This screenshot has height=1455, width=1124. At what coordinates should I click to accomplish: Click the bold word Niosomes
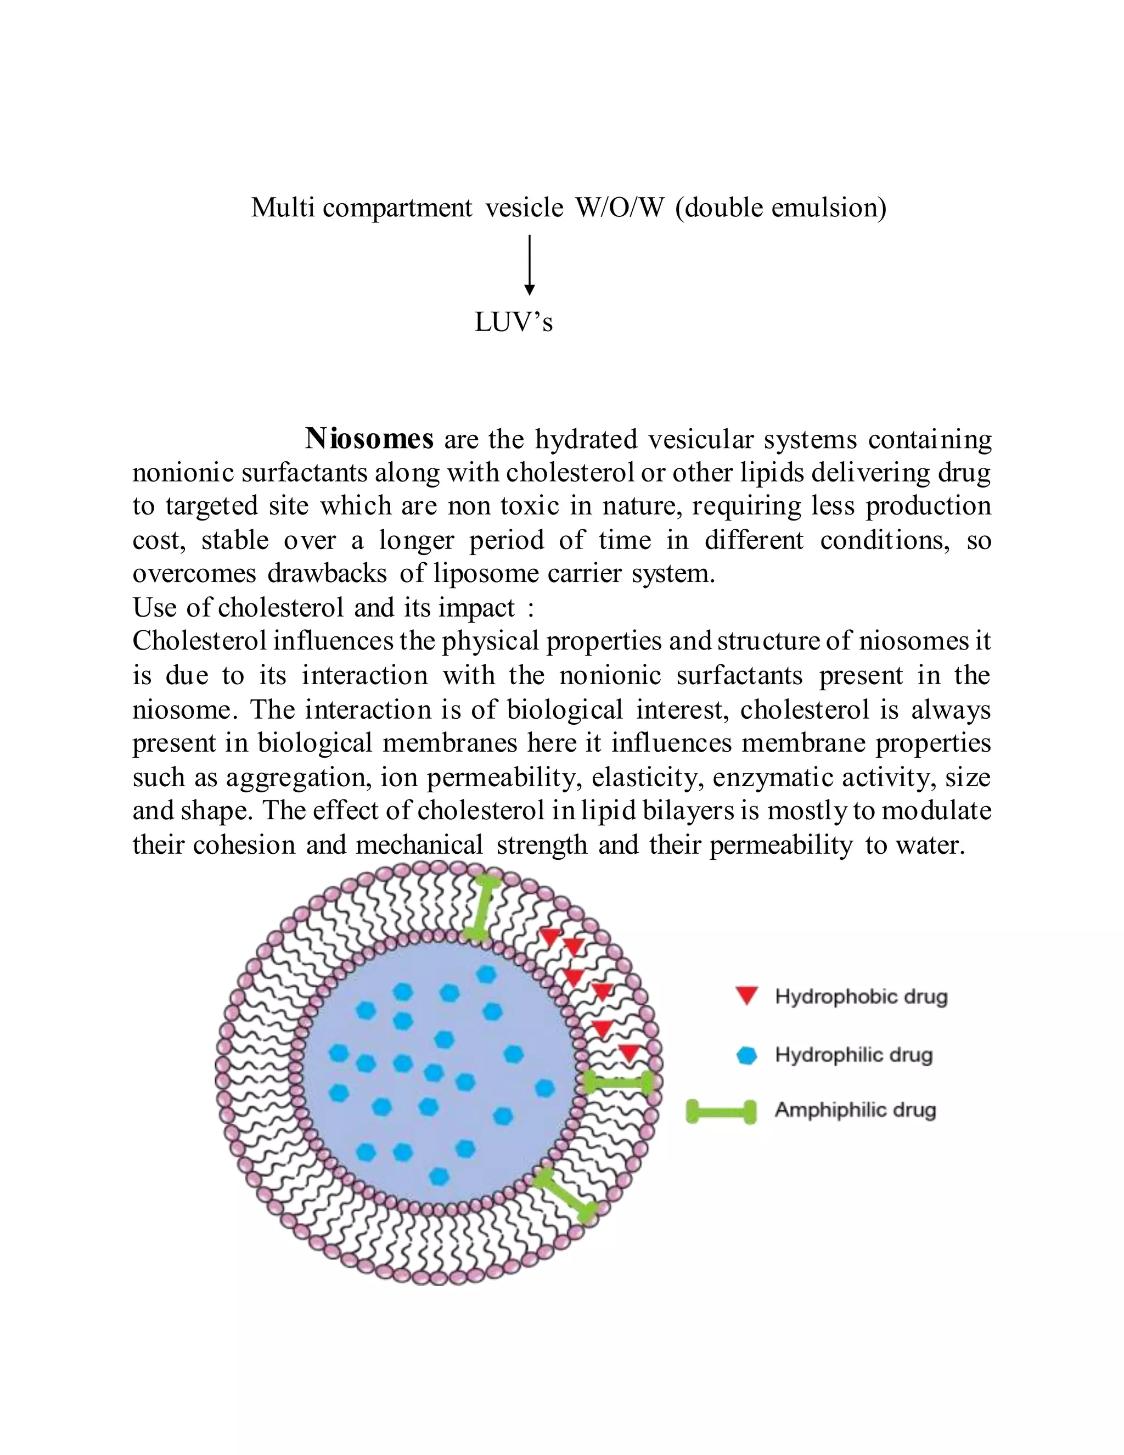369,439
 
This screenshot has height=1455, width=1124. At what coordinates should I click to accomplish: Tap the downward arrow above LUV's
530,265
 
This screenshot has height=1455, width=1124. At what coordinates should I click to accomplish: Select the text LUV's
513,322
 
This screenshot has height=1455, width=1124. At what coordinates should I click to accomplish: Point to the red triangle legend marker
747,997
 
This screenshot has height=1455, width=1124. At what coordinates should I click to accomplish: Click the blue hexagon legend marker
747,1055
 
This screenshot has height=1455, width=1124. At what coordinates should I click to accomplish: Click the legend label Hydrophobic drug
861,997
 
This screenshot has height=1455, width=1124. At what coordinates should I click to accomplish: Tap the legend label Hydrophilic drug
853,1055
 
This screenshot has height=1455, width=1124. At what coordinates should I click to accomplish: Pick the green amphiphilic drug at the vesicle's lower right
565,1196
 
